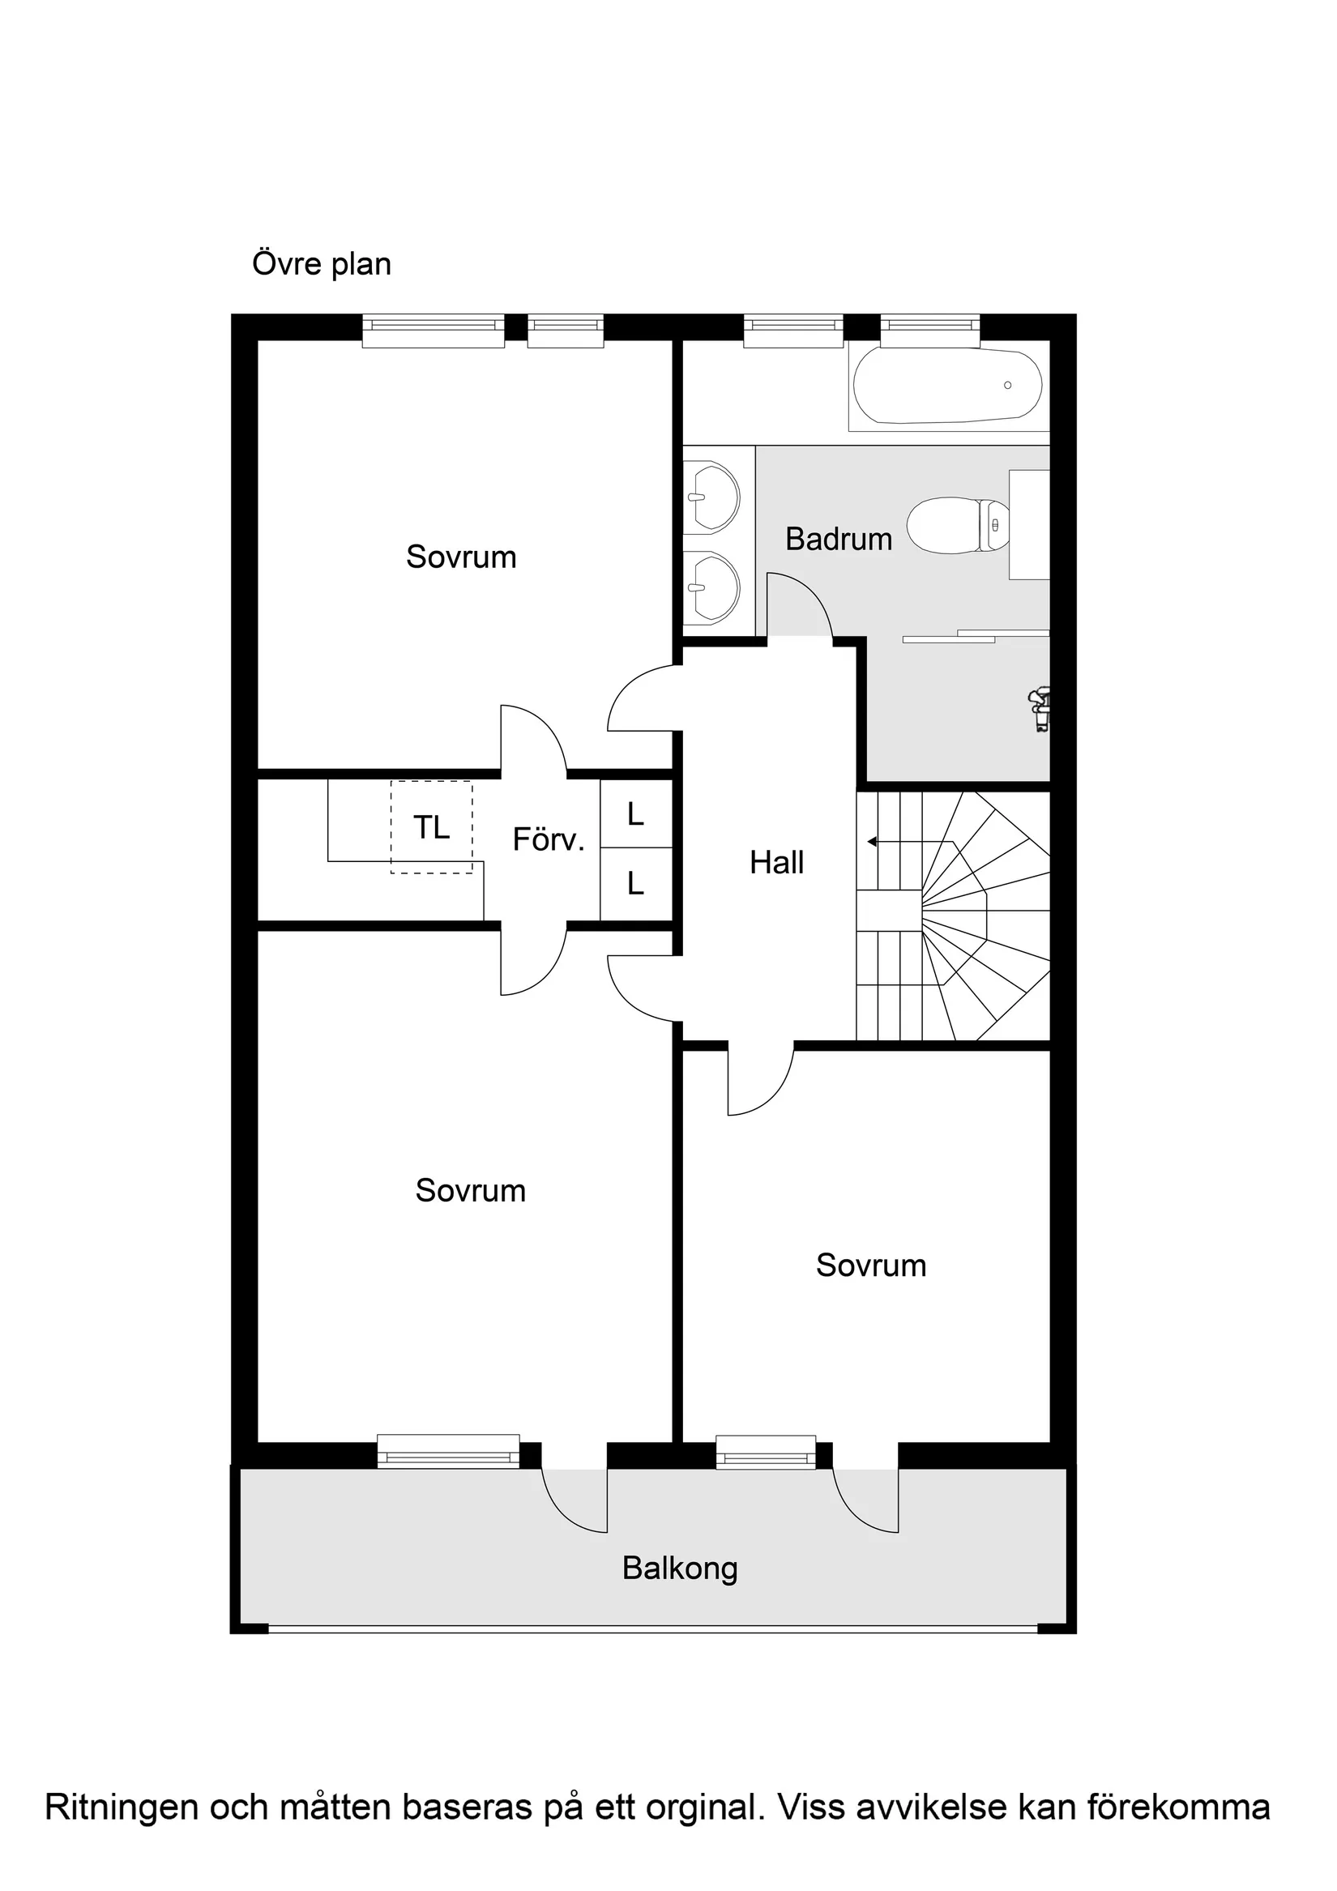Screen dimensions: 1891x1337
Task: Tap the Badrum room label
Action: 839,540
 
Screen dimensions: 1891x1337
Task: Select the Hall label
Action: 776,863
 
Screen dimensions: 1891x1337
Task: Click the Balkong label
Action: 680,1569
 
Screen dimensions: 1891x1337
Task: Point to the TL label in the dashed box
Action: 432,828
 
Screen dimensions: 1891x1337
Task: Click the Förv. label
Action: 548,840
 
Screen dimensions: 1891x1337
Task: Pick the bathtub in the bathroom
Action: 947,386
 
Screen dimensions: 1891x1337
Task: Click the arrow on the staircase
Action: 873,842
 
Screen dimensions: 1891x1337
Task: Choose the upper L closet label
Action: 635,814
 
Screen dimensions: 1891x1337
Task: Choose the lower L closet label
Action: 635,885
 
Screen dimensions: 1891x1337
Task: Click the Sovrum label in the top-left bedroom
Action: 461,557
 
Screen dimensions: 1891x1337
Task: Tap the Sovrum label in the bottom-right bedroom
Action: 871,1265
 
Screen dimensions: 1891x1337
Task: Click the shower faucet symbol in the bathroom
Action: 1040,709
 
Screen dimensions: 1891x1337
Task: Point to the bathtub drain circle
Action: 1007,386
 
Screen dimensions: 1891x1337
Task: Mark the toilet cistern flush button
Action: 995,525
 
